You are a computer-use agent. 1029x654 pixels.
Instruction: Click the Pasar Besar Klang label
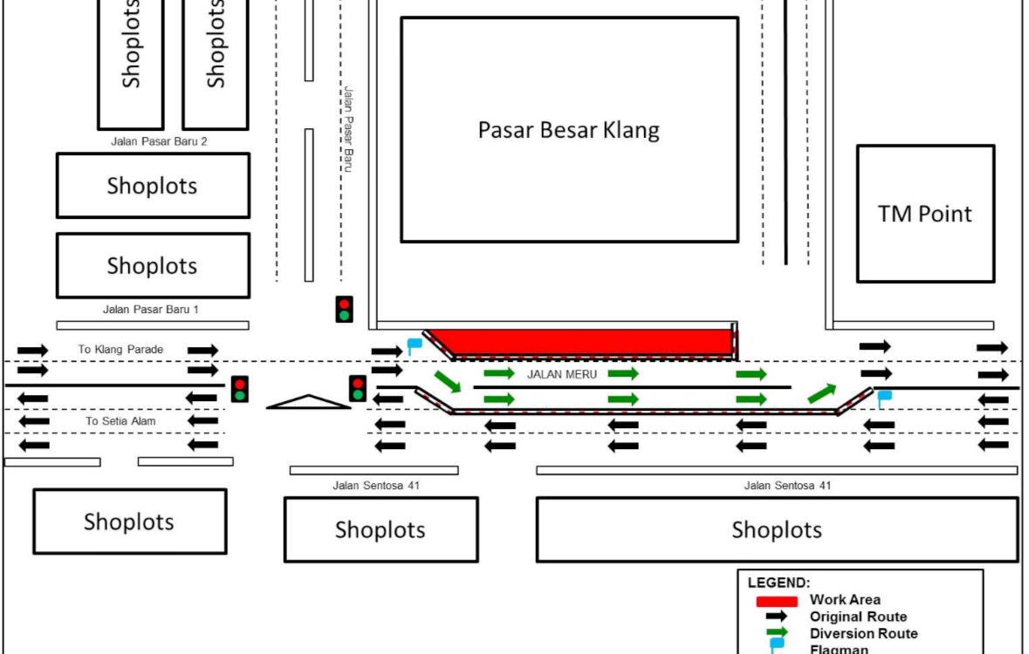tap(568, 131)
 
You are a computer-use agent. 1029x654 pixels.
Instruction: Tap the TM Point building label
tap(924, 214)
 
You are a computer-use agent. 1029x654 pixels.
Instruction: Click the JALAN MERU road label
tap(562, 374)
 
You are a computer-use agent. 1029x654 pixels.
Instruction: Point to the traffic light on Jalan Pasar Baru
tap(345, 310)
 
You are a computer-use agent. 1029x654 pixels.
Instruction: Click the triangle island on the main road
tap(308, 402)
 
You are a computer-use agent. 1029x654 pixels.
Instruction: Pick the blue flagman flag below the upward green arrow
tap(884, 399)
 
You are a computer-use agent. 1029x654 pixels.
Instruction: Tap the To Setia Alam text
tap(114, 421)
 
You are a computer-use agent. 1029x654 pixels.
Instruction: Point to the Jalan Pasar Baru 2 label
tap(159, 140)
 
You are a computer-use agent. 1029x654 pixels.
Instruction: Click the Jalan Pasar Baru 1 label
tap(152, 309)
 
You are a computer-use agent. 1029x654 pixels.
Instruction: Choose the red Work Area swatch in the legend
tap(776, 601)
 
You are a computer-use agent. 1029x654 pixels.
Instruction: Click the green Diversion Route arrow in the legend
tap(776, 632)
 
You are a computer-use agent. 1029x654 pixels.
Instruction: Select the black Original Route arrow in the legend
tap(776, 617)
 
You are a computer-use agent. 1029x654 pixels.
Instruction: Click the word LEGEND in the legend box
tap(779, 582)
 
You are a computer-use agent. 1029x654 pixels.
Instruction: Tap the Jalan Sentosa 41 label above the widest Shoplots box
tap(781, 485)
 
